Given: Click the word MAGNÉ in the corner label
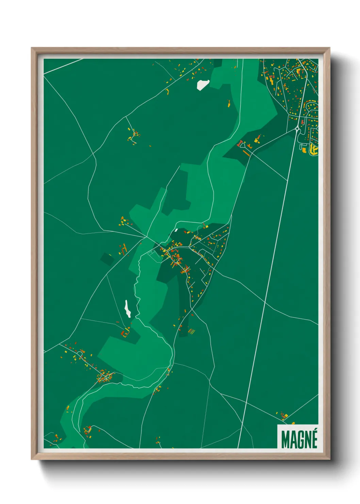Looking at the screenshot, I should pos(299,439).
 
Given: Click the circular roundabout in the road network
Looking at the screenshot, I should pos(297,129).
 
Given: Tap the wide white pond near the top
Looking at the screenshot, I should pos(202,84).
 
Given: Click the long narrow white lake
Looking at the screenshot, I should pos(127,309).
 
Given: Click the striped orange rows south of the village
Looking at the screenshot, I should pos(192,331).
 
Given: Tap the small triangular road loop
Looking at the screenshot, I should pos(242,145).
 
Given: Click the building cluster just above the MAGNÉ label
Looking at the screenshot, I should pos(283,415).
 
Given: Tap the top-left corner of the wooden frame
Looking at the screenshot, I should pos(32,48).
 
